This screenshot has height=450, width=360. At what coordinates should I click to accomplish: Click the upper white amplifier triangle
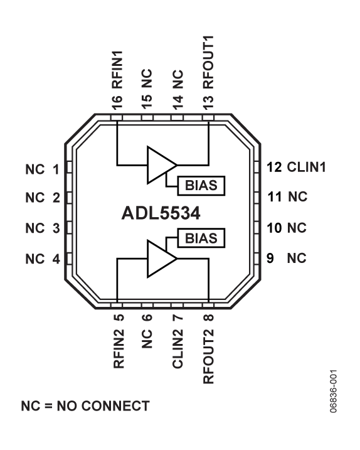click(159, 165)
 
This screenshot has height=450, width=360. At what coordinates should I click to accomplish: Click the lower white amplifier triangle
click(159, 259)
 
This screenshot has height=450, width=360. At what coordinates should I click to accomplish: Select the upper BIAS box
click(201, 185)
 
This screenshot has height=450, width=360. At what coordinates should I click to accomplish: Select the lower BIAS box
click(201, 238)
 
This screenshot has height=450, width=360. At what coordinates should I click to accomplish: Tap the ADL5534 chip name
click(161, 214)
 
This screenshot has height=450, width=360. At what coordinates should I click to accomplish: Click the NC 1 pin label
click(43, 169)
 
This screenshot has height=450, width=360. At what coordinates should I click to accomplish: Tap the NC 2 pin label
click(43, 198)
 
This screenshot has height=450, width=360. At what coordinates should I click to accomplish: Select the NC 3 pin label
click(43, 228)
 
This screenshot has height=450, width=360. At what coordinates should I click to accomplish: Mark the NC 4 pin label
click(43, 258)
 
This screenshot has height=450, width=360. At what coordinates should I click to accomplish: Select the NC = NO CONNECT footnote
click(85, 405)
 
